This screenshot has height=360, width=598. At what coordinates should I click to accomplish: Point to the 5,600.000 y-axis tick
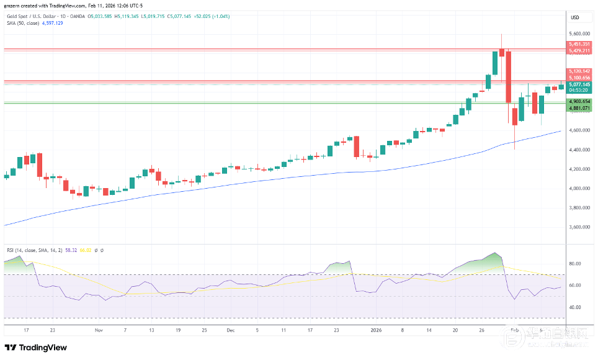click(x=579, y=34)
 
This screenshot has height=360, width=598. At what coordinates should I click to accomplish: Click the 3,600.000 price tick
click(x=579, y=227)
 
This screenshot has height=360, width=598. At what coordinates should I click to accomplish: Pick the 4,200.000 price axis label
click(x=579, y=169)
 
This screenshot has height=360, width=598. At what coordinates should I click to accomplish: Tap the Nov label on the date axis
click(x=99, y=331)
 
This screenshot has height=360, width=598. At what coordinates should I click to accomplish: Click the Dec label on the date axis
click(x=231, y=331)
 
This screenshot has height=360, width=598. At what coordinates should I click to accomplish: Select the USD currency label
click(x=575, y=17)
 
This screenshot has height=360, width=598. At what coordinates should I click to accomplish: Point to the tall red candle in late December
click(x=357, y=147)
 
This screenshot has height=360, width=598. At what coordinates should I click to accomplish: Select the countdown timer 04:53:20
click(x=578, y=90)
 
